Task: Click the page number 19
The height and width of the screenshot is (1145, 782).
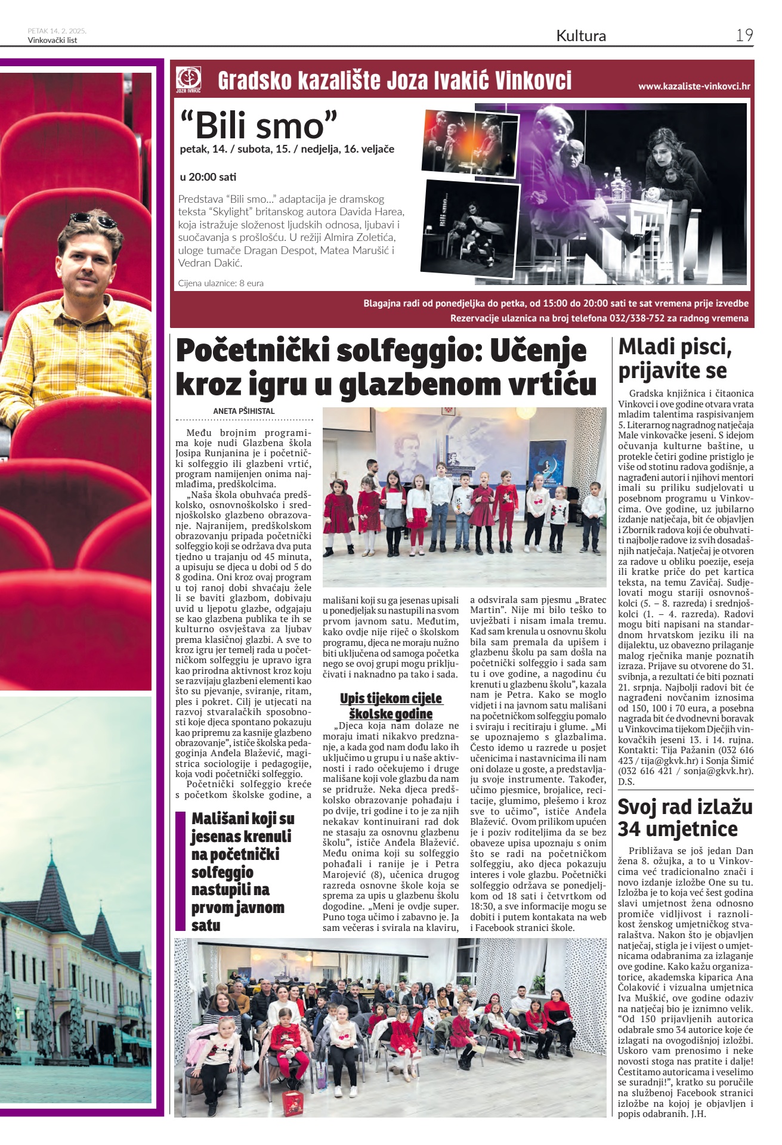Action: tap(744, 35)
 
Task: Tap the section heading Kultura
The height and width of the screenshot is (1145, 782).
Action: tap(580, 36)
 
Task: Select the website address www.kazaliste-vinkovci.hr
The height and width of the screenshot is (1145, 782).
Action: tap(694, 86)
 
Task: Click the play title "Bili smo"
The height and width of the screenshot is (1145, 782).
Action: tap(259, 125)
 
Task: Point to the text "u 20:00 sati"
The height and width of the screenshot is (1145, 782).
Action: tap(208, 177)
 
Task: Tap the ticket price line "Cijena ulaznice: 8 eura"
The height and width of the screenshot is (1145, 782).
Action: tap(221, 283)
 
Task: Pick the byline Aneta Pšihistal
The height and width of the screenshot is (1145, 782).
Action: tap(244, 411)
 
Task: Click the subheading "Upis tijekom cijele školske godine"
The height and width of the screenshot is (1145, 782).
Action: tap(391, 705)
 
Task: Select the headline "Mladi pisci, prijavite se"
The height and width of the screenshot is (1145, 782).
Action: tap(675, 358)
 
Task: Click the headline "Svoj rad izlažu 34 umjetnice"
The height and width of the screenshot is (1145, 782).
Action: tap(685, 818)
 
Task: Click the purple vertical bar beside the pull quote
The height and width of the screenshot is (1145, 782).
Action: tap(181, 871)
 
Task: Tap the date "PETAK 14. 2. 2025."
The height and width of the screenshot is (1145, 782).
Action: tap(57, 31)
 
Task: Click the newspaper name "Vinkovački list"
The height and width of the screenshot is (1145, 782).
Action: tap(52, 41)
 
